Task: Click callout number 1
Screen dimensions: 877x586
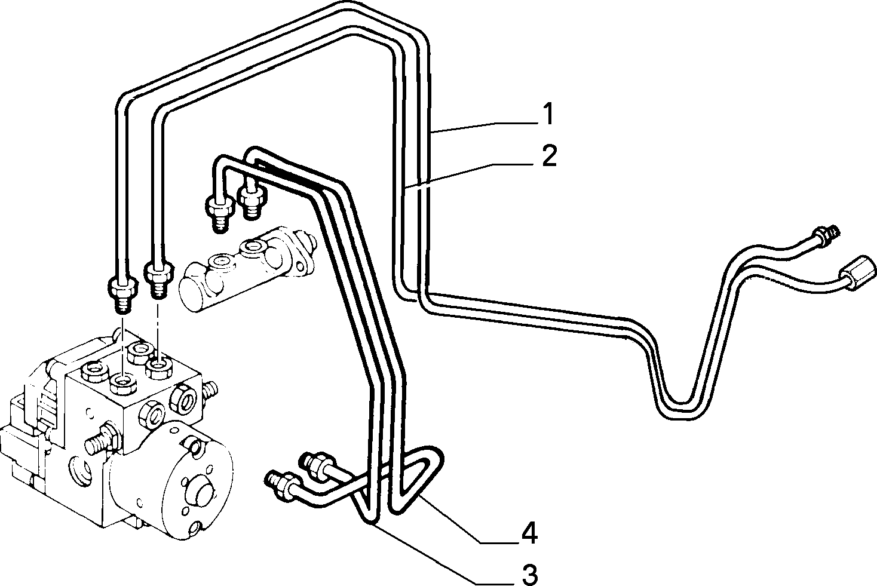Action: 549,114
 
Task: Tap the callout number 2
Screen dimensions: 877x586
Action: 549,156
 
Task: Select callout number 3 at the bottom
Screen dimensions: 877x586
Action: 531,575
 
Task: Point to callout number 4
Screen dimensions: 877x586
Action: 529,532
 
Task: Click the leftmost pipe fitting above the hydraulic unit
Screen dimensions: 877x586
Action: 122,289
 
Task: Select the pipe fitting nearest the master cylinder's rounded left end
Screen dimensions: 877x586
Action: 158,275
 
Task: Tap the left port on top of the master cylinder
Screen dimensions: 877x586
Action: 220,261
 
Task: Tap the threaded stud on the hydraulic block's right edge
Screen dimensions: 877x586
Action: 211,390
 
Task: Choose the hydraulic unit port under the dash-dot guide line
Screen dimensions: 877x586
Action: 158,366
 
